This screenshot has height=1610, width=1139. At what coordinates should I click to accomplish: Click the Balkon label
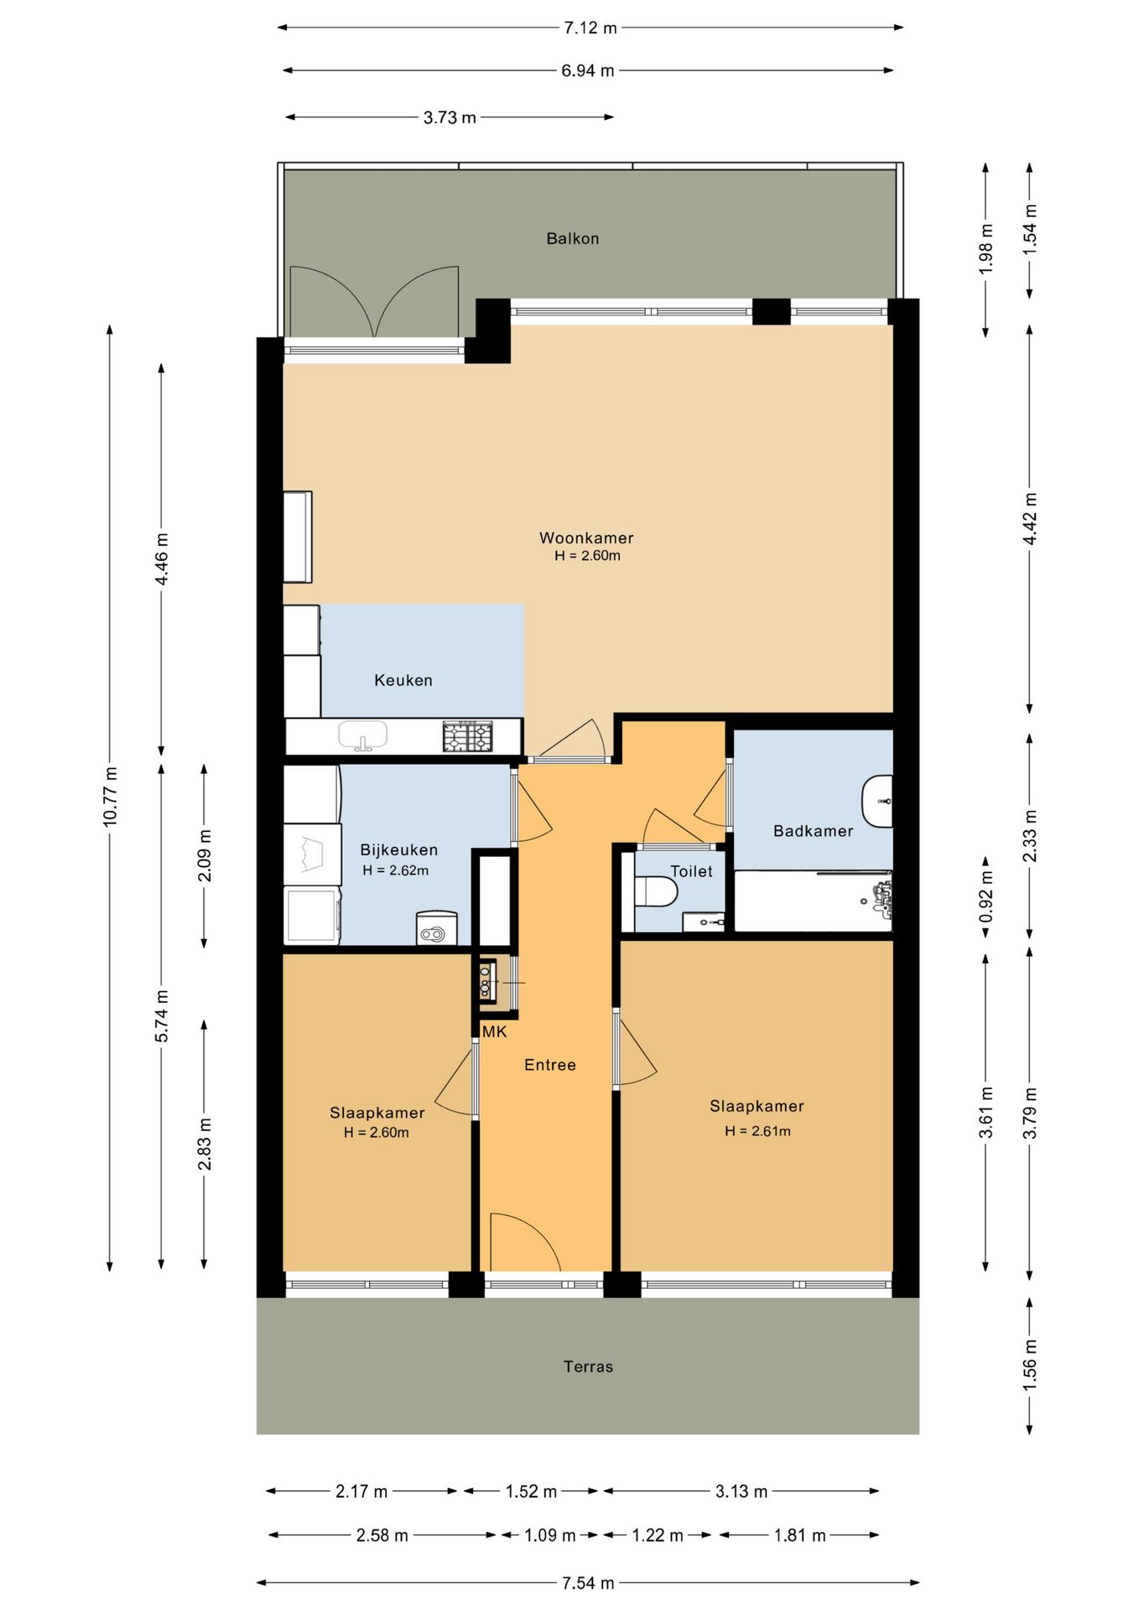573,239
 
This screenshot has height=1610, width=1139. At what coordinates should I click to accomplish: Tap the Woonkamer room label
586,538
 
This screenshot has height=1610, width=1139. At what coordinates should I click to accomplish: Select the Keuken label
403,681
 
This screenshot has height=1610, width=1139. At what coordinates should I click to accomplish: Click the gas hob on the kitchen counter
468,737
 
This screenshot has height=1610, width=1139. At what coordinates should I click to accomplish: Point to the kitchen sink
363,735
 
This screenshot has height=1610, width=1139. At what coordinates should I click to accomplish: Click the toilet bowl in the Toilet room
656,892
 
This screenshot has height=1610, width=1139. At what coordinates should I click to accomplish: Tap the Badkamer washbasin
877,802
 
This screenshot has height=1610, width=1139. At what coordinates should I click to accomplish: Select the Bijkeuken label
399,850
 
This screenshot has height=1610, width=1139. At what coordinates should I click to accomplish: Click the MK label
495,1032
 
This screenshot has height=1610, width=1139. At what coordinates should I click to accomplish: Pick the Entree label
550,1065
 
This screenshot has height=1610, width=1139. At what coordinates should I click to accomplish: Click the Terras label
588,1367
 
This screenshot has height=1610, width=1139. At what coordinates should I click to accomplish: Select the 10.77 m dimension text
110,797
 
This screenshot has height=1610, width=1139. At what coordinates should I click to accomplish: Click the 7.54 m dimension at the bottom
588,1583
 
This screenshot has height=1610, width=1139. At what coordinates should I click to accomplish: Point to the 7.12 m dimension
590,28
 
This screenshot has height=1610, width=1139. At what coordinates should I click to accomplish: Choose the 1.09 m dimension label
550,1535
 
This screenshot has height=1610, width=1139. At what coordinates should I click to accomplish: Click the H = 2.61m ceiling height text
757,1131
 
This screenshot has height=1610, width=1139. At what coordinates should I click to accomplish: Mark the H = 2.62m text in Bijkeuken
396,870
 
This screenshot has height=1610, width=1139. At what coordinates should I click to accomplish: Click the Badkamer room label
813,831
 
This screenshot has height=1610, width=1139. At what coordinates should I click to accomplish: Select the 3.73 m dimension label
450,117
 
